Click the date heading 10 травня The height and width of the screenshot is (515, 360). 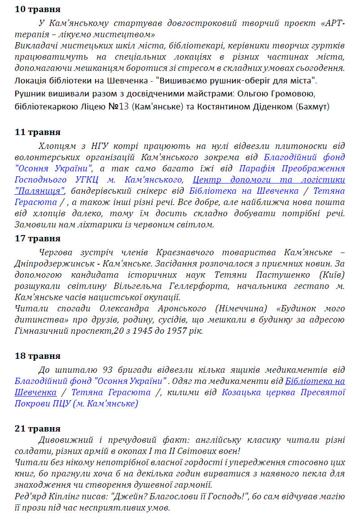(x=37, y=9)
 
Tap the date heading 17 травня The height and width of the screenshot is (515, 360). (x=37, y=238)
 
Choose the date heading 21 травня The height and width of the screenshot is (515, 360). (x=37, y=428)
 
